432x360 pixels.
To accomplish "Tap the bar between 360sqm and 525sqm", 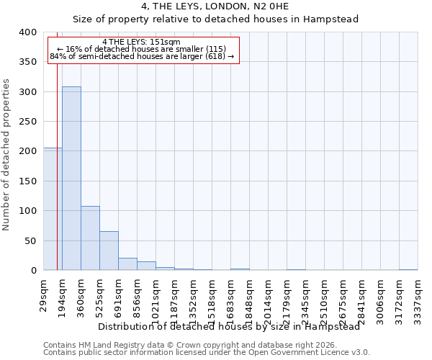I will point(90,238).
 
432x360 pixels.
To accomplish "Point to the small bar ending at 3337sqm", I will point(408,269).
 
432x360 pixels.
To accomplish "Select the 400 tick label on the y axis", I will point(28,32).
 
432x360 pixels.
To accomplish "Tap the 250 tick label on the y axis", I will point(28,122).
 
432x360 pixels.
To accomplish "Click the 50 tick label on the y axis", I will point(31,240).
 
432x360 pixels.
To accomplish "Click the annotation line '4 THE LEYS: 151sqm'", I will point(142,42).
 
